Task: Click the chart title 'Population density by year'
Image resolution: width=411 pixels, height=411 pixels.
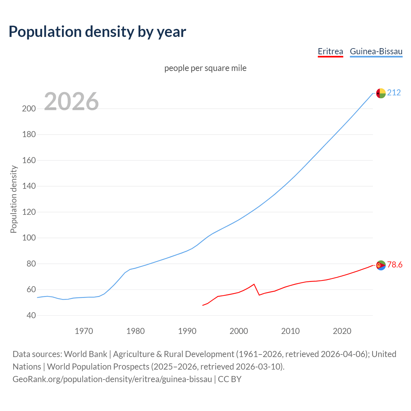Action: click(97, 32)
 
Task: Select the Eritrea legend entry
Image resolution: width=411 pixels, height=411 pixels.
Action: click(330, 51)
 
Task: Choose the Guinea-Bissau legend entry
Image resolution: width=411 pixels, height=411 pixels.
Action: click(376, 51)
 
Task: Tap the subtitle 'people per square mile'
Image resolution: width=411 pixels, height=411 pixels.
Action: click(205, 68)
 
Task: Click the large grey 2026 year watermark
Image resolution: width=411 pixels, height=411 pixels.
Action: click(71, 101)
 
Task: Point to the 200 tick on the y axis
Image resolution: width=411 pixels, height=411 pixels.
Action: click(29, 109)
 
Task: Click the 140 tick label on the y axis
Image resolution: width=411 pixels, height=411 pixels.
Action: click(29, 186)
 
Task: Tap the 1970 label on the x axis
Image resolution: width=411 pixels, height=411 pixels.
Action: click(84, 331)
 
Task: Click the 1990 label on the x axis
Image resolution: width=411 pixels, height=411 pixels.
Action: click(187, 331)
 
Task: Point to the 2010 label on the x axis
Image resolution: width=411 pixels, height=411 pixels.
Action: click(290, 331)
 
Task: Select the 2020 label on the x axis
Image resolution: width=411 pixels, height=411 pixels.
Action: click(342, 331)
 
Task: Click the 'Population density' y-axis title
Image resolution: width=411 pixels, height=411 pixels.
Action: click(13, 199)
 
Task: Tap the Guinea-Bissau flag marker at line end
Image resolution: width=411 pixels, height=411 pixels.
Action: click(381, 93)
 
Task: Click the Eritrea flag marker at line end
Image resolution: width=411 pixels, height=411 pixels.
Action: click(381, 265)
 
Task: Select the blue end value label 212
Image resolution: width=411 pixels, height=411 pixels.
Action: click(394, 93)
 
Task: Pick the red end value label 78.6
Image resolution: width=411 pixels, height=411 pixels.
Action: click(395, 265)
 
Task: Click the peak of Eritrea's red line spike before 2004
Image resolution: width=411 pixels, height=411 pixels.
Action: click(254, 284)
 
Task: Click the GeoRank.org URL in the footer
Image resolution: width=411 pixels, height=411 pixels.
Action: click(112, 379)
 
